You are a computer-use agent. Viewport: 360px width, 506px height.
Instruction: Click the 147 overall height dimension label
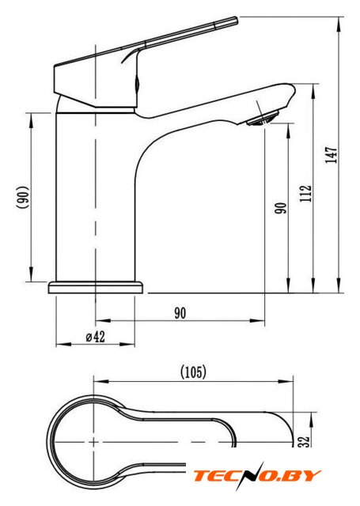(332, 155)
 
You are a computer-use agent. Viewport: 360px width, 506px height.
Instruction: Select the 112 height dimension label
(305, 194)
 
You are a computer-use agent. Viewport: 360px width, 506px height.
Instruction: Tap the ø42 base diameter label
(96, 337)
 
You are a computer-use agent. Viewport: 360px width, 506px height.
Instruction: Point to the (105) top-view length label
(193, 372)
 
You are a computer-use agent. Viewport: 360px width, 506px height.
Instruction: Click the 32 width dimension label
(304, 441)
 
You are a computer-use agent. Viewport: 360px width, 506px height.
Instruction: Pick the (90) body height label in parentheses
(24, 198)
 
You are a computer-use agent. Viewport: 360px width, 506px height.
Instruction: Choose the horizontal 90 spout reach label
(180, 313)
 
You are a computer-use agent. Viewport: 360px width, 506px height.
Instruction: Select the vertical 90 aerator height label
(281, 208)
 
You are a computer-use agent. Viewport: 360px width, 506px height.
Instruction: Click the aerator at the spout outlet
(263, 118)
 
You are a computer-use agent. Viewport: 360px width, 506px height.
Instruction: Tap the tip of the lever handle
(236, 20)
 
